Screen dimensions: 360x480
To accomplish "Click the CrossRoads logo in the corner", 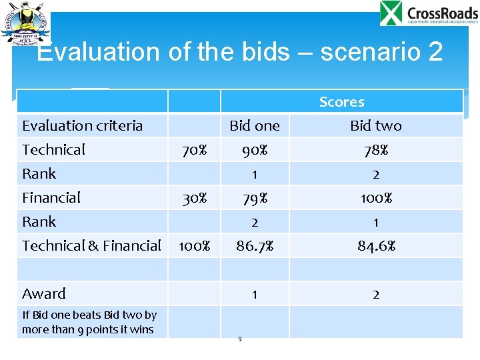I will point(428,14).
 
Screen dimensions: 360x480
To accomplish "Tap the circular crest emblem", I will point(25,23).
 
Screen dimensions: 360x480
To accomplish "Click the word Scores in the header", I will point(341,102).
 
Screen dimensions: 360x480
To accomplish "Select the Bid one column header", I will point(254,125).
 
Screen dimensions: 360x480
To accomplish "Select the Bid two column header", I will point(376,125).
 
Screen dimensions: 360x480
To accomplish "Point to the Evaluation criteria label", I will point(82,125).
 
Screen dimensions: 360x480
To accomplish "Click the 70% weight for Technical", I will point(194,150).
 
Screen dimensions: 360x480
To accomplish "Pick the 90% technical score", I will point(254,150).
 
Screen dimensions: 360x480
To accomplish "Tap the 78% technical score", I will point(376,150).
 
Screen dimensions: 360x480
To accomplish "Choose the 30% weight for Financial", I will point(194,198).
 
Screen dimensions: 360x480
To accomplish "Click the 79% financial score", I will point(254,198).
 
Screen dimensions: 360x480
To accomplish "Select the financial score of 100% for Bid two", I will point(376,198).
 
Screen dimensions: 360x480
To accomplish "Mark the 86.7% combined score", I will point(254,246).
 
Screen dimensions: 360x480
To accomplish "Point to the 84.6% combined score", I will point(376,246).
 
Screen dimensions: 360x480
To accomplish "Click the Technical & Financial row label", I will point(91,246).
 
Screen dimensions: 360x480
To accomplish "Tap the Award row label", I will point(44,294).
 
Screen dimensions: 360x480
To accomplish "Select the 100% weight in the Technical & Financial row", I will point(194,246).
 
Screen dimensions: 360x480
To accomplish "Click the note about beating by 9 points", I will point(89,322).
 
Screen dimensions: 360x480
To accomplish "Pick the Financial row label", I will point(51,198).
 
